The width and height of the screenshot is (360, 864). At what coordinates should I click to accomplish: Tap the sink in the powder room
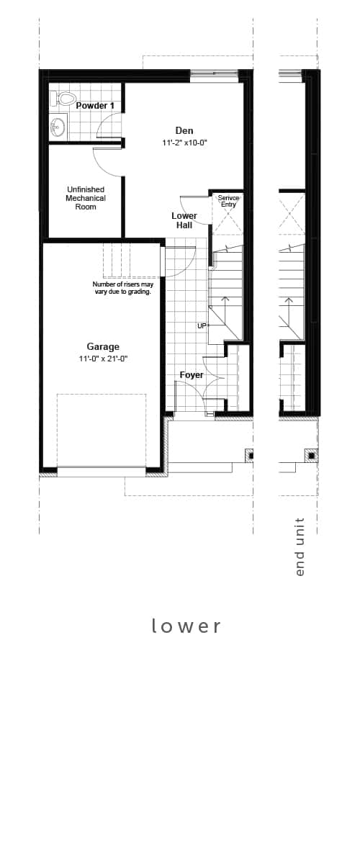pos(58,127)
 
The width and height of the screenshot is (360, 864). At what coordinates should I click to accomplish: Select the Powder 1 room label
pos(95,106)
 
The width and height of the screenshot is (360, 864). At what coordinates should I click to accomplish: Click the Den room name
pos(184,131)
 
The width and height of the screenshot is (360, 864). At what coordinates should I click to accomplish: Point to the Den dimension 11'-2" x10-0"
pos(185,143)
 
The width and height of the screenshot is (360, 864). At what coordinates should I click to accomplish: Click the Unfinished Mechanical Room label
pos(86,198)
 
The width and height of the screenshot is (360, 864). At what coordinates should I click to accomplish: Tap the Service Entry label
pos(228,201)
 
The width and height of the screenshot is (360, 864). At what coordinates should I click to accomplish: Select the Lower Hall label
pos(184,220)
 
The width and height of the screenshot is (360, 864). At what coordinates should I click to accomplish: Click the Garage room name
pos(103,347)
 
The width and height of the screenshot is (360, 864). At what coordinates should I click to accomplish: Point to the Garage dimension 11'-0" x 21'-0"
pos(104,359)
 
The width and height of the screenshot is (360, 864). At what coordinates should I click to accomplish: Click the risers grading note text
pos(122,288)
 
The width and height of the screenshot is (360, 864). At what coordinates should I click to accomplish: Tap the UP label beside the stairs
pos(202,326)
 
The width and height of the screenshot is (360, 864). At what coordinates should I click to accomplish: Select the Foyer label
pos(192,375)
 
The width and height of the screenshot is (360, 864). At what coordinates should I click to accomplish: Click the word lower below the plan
pos(186,626)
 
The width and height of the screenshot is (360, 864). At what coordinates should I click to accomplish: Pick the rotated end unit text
pos(300,547)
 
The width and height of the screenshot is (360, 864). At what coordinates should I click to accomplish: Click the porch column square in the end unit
pos(312,456)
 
